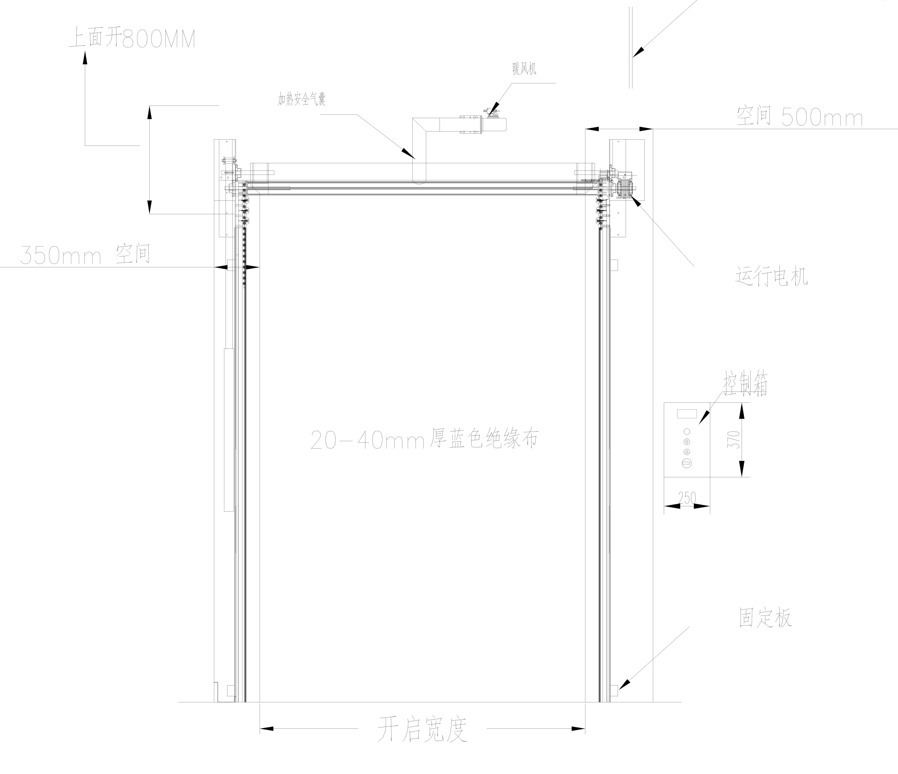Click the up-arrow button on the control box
[x=687, y=441]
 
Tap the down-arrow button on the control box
[x=687, y=452]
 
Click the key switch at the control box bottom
[x=687, y=463]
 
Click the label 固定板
[x=765, y=618]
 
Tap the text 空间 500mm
[x=800, y=117]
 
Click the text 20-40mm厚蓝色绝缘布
[x=425, y=439]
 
